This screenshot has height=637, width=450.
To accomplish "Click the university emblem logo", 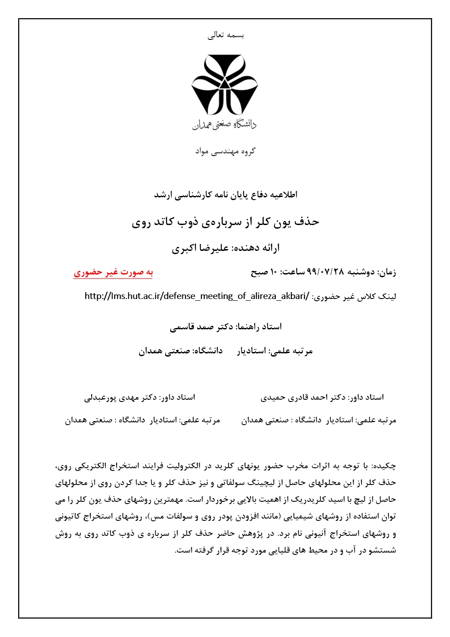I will pos(225,85).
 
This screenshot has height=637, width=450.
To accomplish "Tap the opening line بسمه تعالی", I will pos(225,35).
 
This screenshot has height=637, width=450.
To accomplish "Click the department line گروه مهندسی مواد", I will pos(225,151).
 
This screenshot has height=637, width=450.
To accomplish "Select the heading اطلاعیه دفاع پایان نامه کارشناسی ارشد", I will pos(225,195).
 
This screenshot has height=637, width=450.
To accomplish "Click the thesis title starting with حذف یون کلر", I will pos(225,222).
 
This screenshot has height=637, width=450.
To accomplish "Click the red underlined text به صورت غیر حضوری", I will pos(113,272).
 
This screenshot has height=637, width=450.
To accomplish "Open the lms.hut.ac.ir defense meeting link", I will pos(197,296).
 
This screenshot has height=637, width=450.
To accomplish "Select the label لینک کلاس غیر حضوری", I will pos(354,297).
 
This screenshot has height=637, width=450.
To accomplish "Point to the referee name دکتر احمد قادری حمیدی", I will pos(303,397).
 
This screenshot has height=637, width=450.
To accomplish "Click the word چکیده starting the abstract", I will pos(385,466).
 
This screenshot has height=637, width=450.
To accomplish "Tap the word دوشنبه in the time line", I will pos(361,272).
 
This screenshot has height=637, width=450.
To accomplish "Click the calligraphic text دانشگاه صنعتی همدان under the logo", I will pos(224,124).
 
